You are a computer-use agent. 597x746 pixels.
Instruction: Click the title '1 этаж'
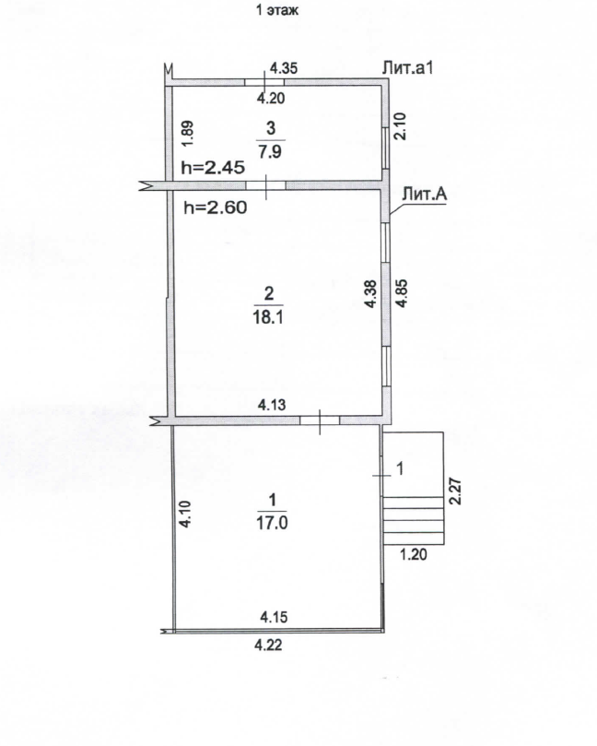click(277, 10)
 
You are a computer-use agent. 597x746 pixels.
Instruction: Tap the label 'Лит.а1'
click(408, 68)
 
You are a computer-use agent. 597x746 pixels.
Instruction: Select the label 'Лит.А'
click(425, 194)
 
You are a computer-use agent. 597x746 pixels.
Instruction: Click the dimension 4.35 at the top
click(284, 68)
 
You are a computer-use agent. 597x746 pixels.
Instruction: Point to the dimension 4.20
click(271, 98)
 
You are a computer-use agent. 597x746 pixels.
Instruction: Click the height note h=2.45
click(213, 168)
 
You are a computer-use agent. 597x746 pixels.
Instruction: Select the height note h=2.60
click(216, 207)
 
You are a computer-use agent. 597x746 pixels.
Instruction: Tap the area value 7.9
click(271, 152)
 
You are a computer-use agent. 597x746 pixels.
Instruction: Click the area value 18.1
click(268, 317)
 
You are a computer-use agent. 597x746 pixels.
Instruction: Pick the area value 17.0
click(272, 524)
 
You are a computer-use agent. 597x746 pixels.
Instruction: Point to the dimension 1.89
click(188, 134)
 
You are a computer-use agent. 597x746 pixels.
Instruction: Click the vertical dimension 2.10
click(401, 126)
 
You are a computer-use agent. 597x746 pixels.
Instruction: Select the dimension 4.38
click(370, 293)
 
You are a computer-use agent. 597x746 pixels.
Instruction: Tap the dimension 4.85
click(402, 292)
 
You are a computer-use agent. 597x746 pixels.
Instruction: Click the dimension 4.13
click(272, 405)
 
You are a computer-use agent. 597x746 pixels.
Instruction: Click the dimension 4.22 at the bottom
click(268, 645)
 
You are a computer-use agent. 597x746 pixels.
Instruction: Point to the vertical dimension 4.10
click(185, 514)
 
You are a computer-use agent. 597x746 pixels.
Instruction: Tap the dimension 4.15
click(274, 617)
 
